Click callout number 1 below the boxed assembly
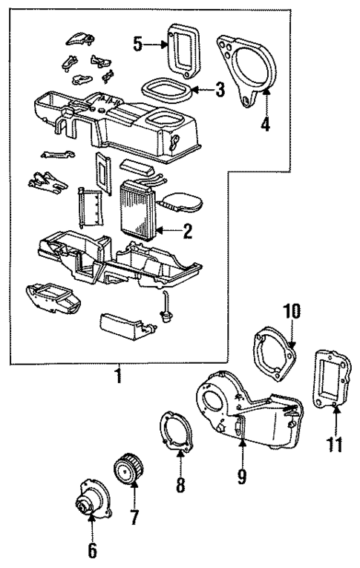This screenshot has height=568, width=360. coord(116,376)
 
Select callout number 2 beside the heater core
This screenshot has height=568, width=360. coord(188,232)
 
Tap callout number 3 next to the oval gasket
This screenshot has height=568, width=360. coord(220,91)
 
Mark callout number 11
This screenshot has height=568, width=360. coord(335,445)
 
